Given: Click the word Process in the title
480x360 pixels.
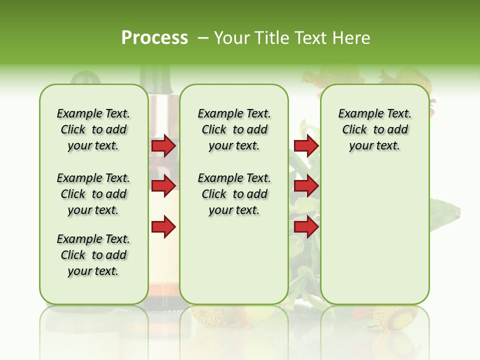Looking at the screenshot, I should (154, 38).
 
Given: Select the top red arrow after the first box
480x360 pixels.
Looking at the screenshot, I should (163, 145).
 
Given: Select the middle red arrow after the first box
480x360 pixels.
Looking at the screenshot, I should (163, 186).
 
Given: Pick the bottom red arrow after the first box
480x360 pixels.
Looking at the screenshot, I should (163, 227).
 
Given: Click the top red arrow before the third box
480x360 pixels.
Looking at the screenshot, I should (306, 145).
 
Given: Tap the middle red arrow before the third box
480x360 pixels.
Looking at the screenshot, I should (306, 186).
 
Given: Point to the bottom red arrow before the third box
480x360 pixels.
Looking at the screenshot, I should (306, 227).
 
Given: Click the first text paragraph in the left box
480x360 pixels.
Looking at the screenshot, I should (93, 129).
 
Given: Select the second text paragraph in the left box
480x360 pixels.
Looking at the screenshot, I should (93, 194).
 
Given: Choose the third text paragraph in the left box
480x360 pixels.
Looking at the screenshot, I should (93, 255).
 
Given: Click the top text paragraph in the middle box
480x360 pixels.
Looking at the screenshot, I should (234, 129).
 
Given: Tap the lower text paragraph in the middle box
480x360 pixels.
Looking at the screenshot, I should (234, 194).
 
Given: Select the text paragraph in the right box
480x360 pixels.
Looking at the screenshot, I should (374, 129).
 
